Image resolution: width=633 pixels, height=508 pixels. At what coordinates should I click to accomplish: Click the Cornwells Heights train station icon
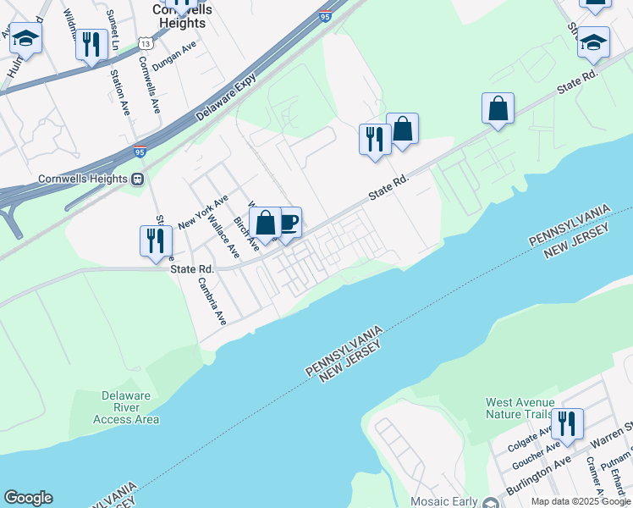click(137, 179)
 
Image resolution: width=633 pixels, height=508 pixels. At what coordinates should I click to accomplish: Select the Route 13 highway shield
click(146, 43)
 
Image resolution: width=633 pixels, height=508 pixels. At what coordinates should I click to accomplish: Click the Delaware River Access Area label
click(125, 407)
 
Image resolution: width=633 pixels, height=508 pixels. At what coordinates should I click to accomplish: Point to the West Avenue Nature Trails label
click(520, 408)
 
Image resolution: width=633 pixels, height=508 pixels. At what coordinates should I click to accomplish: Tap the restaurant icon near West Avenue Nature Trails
click(566, 423)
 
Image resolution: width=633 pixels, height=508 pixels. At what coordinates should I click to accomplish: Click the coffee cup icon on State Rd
click(287, 224)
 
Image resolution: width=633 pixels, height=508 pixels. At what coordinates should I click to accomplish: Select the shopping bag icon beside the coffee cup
click(265, 224)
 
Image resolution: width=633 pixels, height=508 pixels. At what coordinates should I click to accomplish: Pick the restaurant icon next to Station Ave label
click(91, 44)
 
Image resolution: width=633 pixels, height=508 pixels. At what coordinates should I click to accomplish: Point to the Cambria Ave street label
click(212, 301)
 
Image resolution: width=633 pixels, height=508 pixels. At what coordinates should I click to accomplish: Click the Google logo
click(28, 498)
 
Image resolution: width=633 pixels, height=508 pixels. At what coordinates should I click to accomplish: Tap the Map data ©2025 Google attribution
click(581, 501)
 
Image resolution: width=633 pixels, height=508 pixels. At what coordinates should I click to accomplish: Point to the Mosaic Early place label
click(443, 501)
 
